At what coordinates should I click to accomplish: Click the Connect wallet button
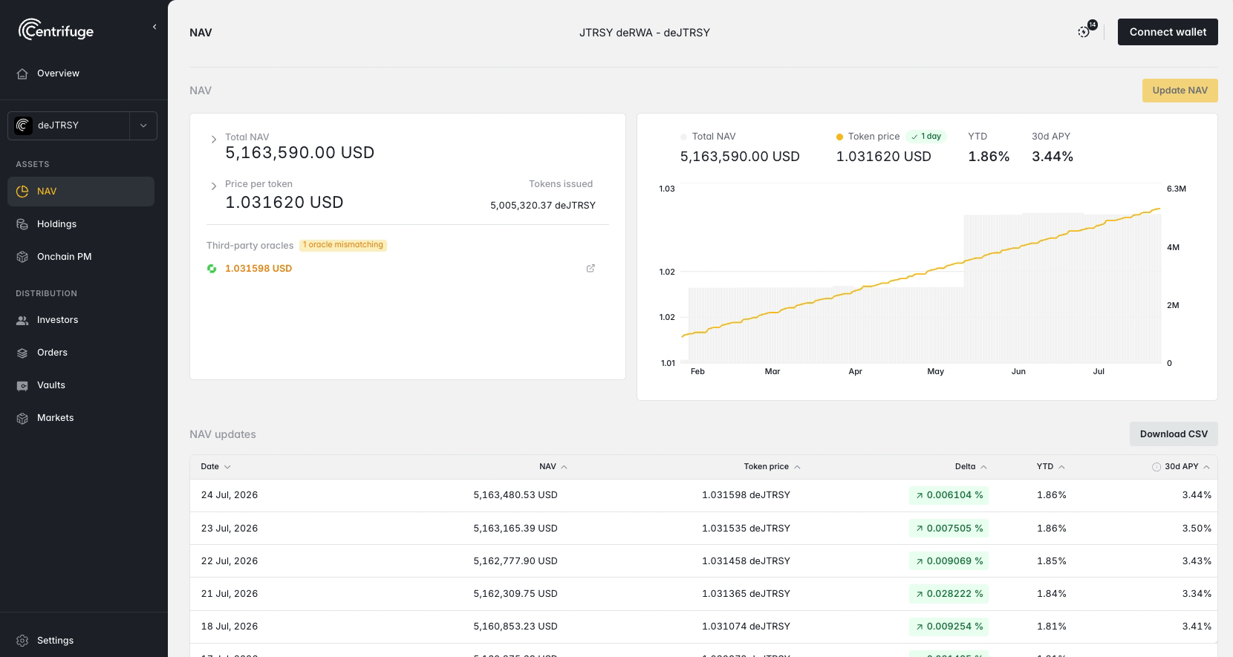1168,32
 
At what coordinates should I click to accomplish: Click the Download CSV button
1174,434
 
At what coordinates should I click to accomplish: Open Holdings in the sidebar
56,224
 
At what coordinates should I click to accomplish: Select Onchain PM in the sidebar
64,256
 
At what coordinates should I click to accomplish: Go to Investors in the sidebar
57,320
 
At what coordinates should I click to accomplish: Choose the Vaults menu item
51,385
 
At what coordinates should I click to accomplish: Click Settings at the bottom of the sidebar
55,641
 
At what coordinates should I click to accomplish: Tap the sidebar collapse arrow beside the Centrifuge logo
154,27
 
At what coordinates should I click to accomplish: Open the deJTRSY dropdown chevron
143,125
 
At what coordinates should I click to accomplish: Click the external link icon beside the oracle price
591,269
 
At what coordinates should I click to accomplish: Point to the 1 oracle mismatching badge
343,245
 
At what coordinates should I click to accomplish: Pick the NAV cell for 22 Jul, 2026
515,560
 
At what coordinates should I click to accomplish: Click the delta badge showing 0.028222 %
949,594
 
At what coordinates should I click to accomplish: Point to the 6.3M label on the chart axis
1177,189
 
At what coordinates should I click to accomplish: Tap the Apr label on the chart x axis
856,371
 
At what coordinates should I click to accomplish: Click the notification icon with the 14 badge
1084,32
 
